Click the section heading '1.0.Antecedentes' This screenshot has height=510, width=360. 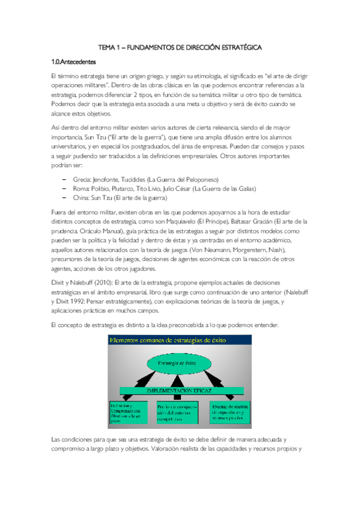(73, 61)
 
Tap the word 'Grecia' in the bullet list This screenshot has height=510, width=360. (83, 180)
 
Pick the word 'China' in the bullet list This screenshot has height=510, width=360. (82, 198)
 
